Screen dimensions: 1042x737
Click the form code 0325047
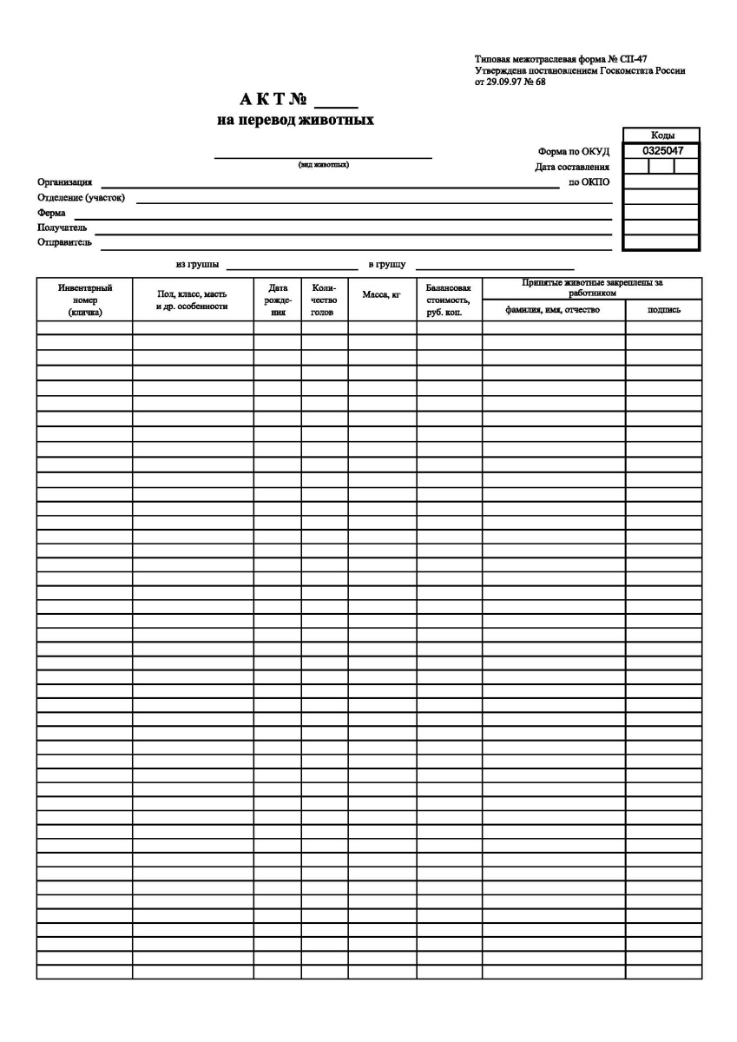[661, 150]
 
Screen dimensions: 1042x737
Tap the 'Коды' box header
[661, 135]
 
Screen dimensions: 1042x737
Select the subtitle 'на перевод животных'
[295, 120]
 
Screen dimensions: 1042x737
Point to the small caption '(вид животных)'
[323, 165]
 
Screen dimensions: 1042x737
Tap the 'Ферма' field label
[51, 213]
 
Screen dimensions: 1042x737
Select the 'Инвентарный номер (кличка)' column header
[84, 300]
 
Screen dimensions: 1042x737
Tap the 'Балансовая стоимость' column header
[449, 300]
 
